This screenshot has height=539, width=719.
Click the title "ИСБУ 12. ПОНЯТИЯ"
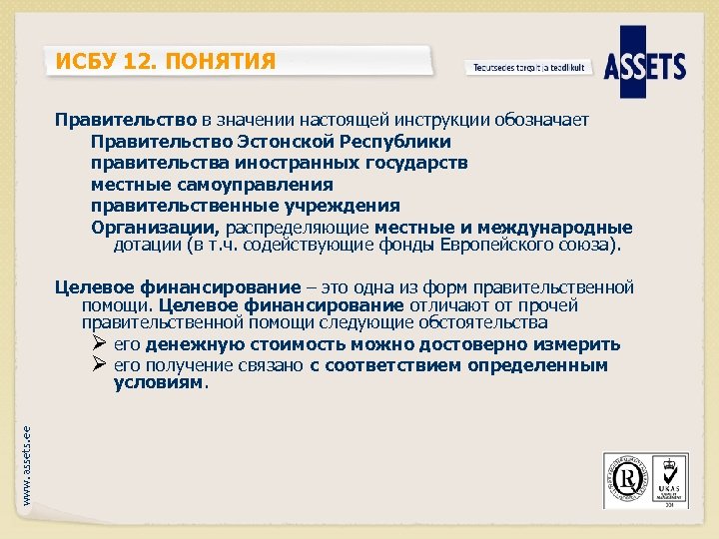166,63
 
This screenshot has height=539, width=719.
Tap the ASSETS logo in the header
652,66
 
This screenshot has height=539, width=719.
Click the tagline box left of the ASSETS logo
529,68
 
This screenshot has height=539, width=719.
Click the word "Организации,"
156,228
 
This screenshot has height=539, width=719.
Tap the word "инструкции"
439,120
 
